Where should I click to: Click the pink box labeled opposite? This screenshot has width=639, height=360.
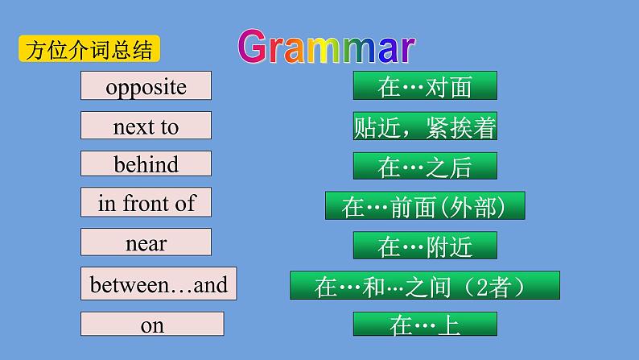[x=146, y=86]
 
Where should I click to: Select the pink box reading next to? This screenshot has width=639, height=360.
[x=146, y=126]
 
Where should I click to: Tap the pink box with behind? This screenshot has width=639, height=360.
[x=146, y=164]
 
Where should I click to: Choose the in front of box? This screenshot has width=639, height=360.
[x=146, y=203]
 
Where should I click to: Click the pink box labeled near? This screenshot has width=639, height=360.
[x=146, y=242]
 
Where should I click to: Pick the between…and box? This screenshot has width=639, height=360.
[x=159, y=283]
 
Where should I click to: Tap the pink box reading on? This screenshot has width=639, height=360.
[x=152, y=325]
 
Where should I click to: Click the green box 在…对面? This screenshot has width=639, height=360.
[x=424, y=86]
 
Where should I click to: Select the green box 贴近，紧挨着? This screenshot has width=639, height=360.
[x=424, y=126]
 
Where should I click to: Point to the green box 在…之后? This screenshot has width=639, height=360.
[x=424, y=166]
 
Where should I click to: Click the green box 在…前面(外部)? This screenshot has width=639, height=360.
[x=424, y=206]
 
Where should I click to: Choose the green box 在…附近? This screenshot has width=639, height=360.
[x=424, y=246]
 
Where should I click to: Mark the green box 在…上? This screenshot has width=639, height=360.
[x=424, y=325]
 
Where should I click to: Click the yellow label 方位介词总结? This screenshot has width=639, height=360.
[x=89, y=49]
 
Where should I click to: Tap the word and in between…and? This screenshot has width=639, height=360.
[x=211, y=283]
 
